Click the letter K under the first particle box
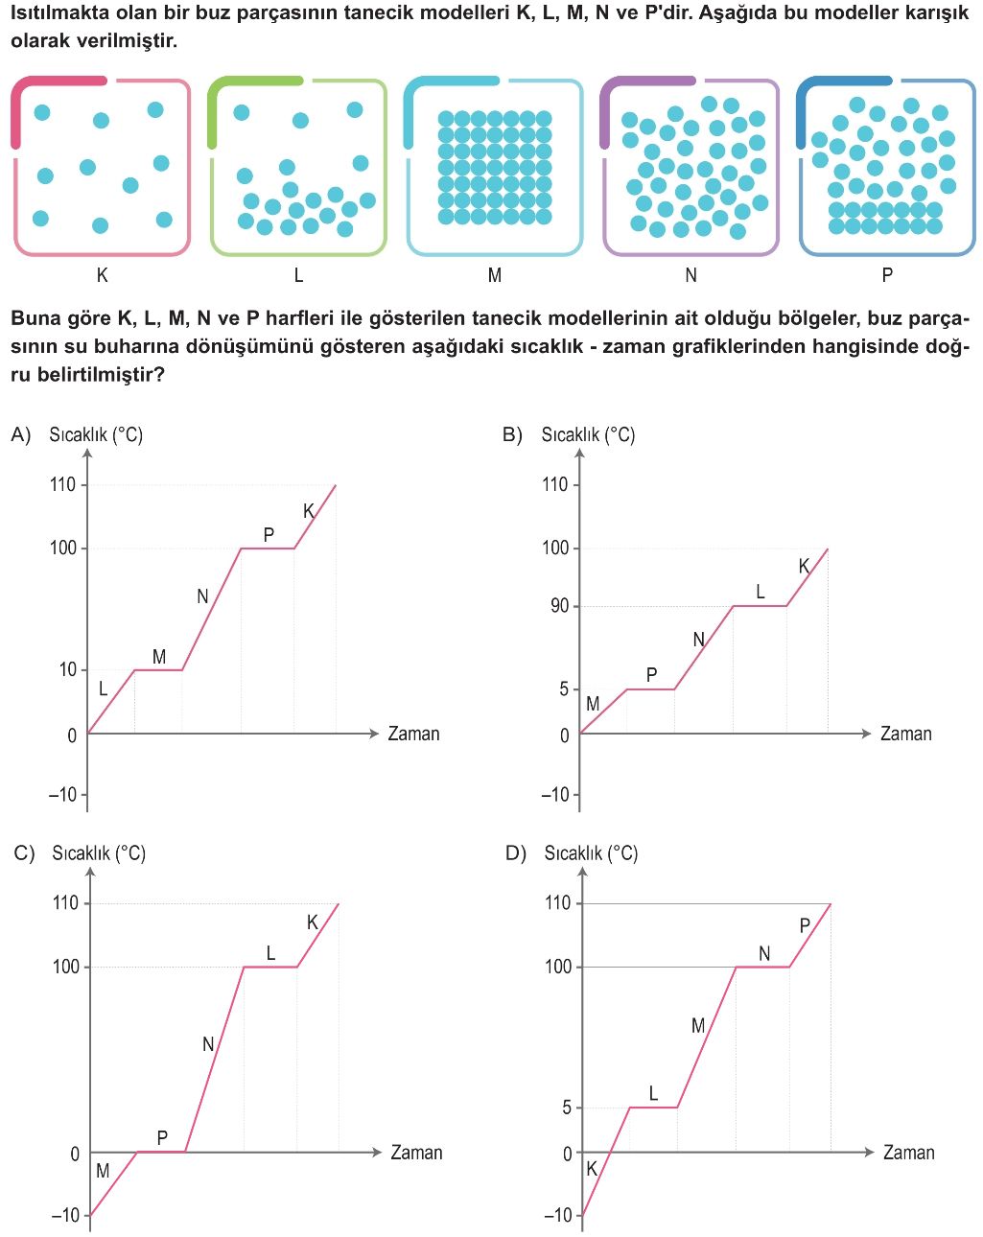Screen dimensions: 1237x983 click(103, 275)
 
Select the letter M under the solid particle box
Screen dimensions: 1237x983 click(495, 275)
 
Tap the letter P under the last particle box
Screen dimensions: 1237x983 click(887, 275)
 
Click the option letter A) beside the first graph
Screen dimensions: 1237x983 click(21, 434)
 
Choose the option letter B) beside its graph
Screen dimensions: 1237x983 click(512, 434)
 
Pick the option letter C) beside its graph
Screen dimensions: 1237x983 click(24, 852)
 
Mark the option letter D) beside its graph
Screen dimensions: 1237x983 click(516, 852)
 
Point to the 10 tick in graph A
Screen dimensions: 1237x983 click(67, 669)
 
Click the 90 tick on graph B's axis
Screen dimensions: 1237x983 click(559, 606)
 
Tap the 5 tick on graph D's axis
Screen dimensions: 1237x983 click(566, 1108)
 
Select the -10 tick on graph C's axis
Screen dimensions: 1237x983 click(65, 1215)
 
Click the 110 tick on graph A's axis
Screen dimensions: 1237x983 click(63, 484)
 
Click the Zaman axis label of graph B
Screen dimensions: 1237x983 click(905, 734)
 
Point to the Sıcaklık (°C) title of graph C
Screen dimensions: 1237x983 click(99, 852)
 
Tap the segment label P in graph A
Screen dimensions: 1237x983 click(269, 535)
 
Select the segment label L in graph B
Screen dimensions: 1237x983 click(761, 593)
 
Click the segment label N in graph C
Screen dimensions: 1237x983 click(208, 1044)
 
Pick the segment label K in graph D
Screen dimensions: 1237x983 click(592, 1168)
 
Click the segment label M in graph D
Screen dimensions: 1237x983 click(698, 1026)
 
